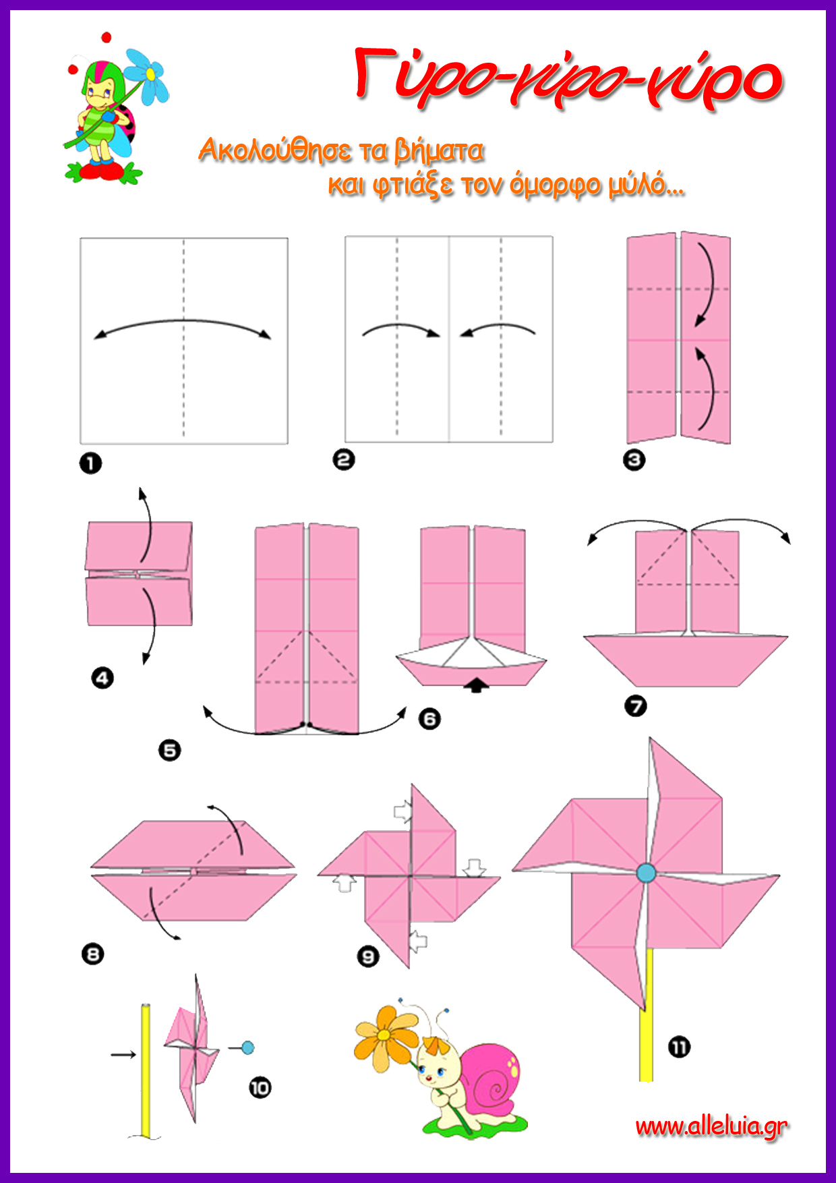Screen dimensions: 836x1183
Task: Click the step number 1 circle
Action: pyautogui.click(x=90, y=463)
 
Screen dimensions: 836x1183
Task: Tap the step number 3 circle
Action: pyautogui.click(x=634, y=460)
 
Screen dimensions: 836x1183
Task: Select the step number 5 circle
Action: pyautogui.click(x=170, y=750)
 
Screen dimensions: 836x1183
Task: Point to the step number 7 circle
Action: pyautogui.click(x=635, y=706)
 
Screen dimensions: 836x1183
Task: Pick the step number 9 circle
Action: pyautogui.click(x=368, y=956)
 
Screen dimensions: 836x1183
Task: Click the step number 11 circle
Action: pyautogui.click(x=679, y=1047)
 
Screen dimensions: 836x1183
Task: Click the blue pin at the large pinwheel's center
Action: pyautogui.click(x=646, y=873)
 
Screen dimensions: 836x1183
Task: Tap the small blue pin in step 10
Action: pyautogui.click(x=247, y=1047)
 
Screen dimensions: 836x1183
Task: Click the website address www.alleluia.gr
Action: pyautogui.click(x=711, y=1126)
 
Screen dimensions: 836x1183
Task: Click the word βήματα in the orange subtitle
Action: pyautogui.click(x=439, y=150)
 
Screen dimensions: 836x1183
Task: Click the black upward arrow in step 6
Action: pyautogui.click(x=477, y=685)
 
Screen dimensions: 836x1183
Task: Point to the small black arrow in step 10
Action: pyautogui.click(x=123, y=1054)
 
